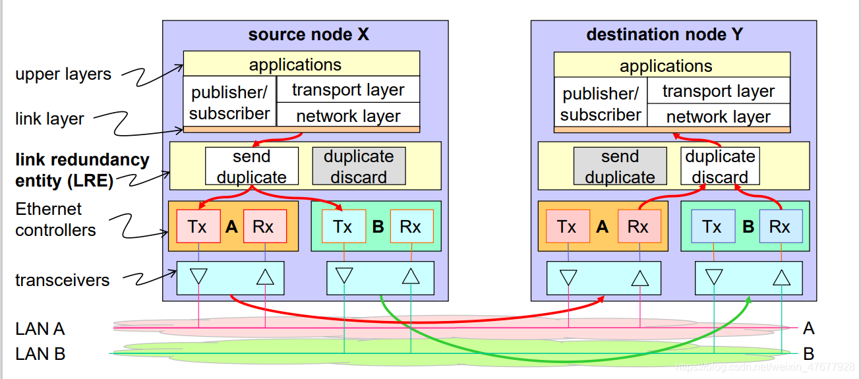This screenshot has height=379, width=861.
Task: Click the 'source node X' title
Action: pyautogui.click(x=308, y=35)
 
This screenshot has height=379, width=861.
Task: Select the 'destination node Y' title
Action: pyautogui.click(x=664, y=35)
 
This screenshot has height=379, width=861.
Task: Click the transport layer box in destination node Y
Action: pyautogui.click(x=718, y=91)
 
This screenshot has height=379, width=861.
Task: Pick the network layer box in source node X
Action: pyautogui.click(x=347, y=116)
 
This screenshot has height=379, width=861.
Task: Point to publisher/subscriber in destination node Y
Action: pyautogui.click(x=601, y=103)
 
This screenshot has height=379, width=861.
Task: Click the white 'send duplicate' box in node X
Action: pyautogui.click(x=251, y=166)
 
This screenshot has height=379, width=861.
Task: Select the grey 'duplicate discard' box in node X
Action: pyautogui.click(x=359, y=166)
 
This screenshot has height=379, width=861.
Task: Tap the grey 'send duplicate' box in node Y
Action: pyautogui.click(x=620, y=166)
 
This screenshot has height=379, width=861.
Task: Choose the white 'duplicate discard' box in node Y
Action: pyautogui.click(x=720, y=166)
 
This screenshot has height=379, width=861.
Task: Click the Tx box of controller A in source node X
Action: pyautogui.click(x=198, y=227)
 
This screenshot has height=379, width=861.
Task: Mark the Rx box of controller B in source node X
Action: pyautogui.click(x=411, y=227)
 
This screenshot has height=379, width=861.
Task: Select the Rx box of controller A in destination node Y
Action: pyautogui.click(x=638, y=227)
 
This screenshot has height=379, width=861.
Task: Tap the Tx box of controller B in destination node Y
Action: pyautogui.click(x=713, y=227)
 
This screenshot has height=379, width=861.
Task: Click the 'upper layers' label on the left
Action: pyautogui.click(x=63, y=74)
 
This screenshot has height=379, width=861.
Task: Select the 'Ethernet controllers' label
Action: pyautogui.click(x=55, y=219)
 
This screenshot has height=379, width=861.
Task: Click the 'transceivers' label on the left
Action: pyautogui.click(x=63, y=280)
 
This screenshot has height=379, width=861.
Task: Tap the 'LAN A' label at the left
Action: pyautogui.click(x=40, y=328)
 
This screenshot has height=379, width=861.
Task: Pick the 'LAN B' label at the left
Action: pyautogui.click(x=40, y=354)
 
